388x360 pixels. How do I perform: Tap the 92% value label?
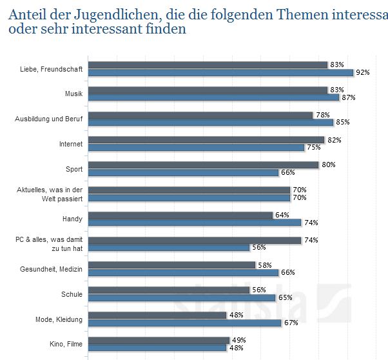tap(363, 73)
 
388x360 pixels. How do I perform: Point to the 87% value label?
tap(349, 97)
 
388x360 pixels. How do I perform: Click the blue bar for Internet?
tap(196, 148)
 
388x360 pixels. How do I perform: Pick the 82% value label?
tap(334, 139)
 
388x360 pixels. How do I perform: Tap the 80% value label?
tap(329, 165)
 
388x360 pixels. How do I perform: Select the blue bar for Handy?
tap(195, 223)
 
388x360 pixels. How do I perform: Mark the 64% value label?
tap(282, 215)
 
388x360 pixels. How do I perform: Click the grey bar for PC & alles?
tap(195, 240)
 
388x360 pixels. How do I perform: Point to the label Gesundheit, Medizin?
tap(52, 269)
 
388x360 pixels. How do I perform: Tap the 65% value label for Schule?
tap(285, 298)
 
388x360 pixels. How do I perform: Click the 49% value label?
tap(239, 340)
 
